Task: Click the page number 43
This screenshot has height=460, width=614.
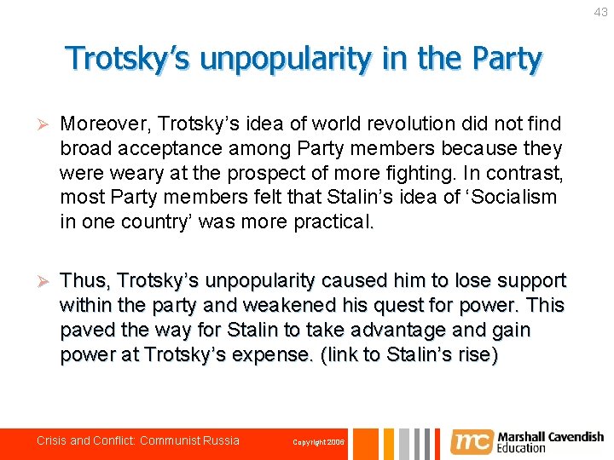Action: (x=601, y=12)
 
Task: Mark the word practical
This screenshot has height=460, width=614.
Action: (x=332, y=221)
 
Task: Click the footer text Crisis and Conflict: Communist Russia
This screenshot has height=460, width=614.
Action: (x=138, y=440)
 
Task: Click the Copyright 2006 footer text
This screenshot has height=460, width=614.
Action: (x=318, y=442)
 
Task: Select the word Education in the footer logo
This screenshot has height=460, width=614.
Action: (x=522, y=448)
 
